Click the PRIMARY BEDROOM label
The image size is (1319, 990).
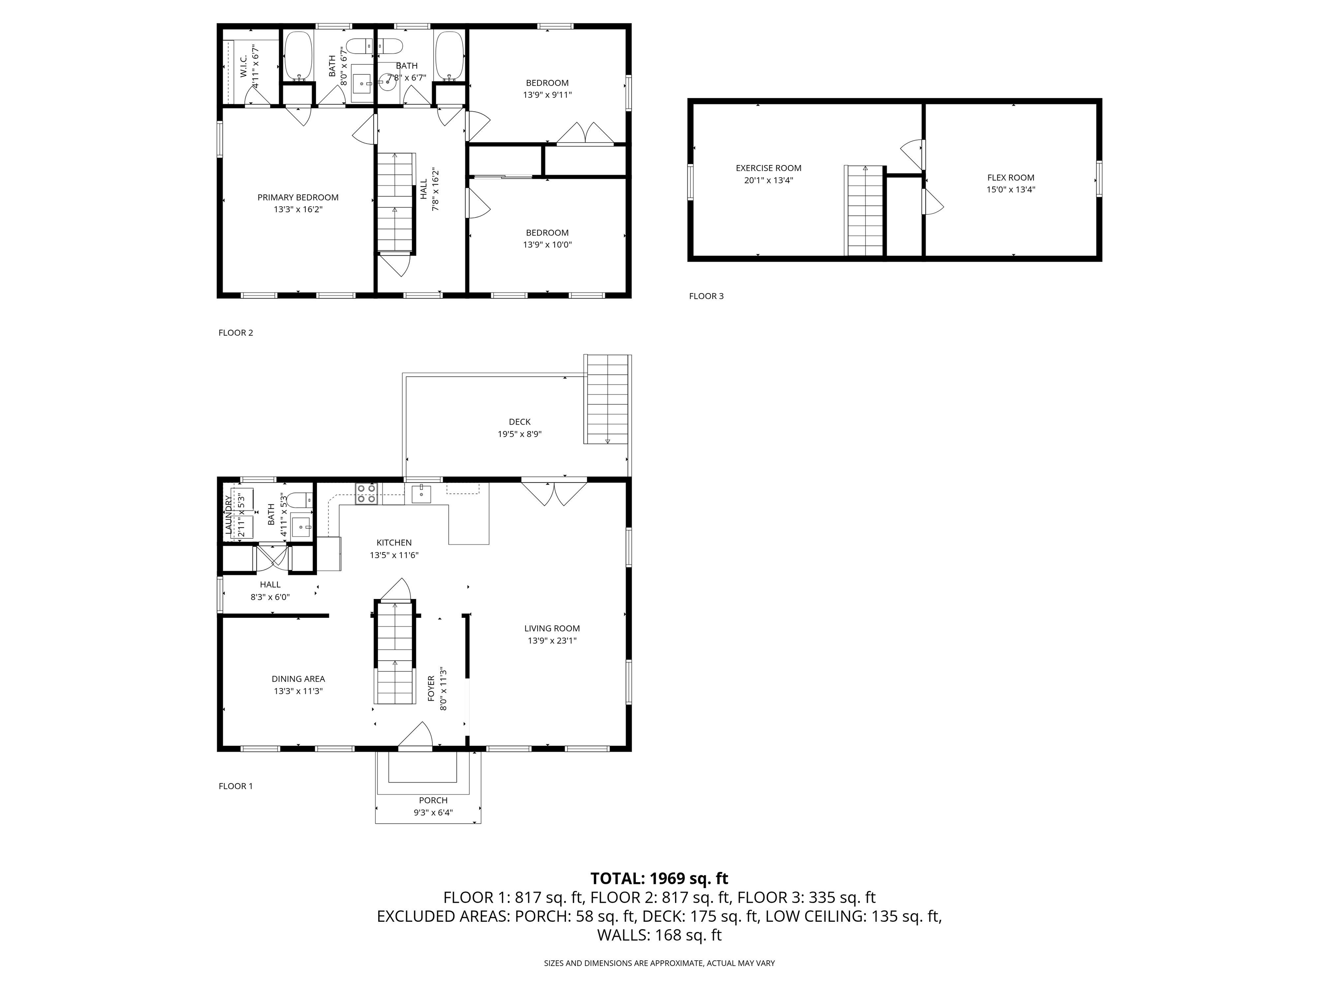click(298, 198)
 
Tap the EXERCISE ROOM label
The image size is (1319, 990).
click(768, 168)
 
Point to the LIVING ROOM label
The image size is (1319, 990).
click(552, 628)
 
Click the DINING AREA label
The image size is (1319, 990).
click(298, 678)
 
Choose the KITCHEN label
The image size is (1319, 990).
click(394, 542)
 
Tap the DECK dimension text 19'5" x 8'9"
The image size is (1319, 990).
click(520, 434)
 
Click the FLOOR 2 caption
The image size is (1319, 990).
click(236, 333)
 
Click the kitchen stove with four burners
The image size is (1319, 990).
click(366, 494)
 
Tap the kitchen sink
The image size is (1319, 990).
click(421, 494)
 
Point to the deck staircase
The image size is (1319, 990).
click(607, 399)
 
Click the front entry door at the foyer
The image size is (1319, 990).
click(415, 735)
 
